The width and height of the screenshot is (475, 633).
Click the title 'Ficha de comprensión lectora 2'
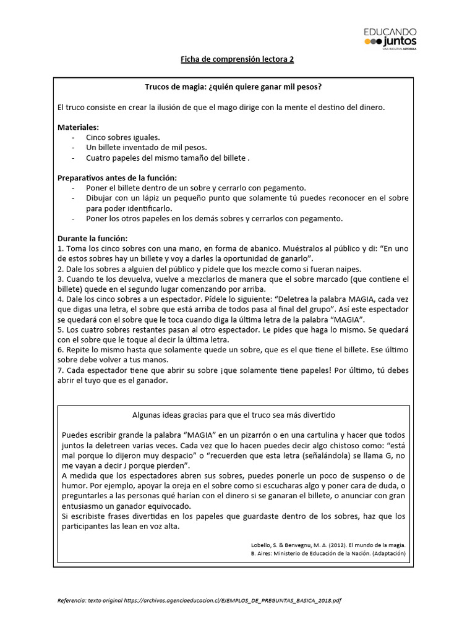[237, 59]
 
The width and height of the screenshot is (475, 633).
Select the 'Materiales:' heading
[78, 127]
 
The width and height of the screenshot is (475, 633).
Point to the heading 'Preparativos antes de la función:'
[117, 177]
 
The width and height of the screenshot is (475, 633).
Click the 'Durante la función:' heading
[92, 237]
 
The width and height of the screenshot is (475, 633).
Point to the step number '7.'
[61, 370]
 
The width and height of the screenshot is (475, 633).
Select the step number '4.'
[61, 299]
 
